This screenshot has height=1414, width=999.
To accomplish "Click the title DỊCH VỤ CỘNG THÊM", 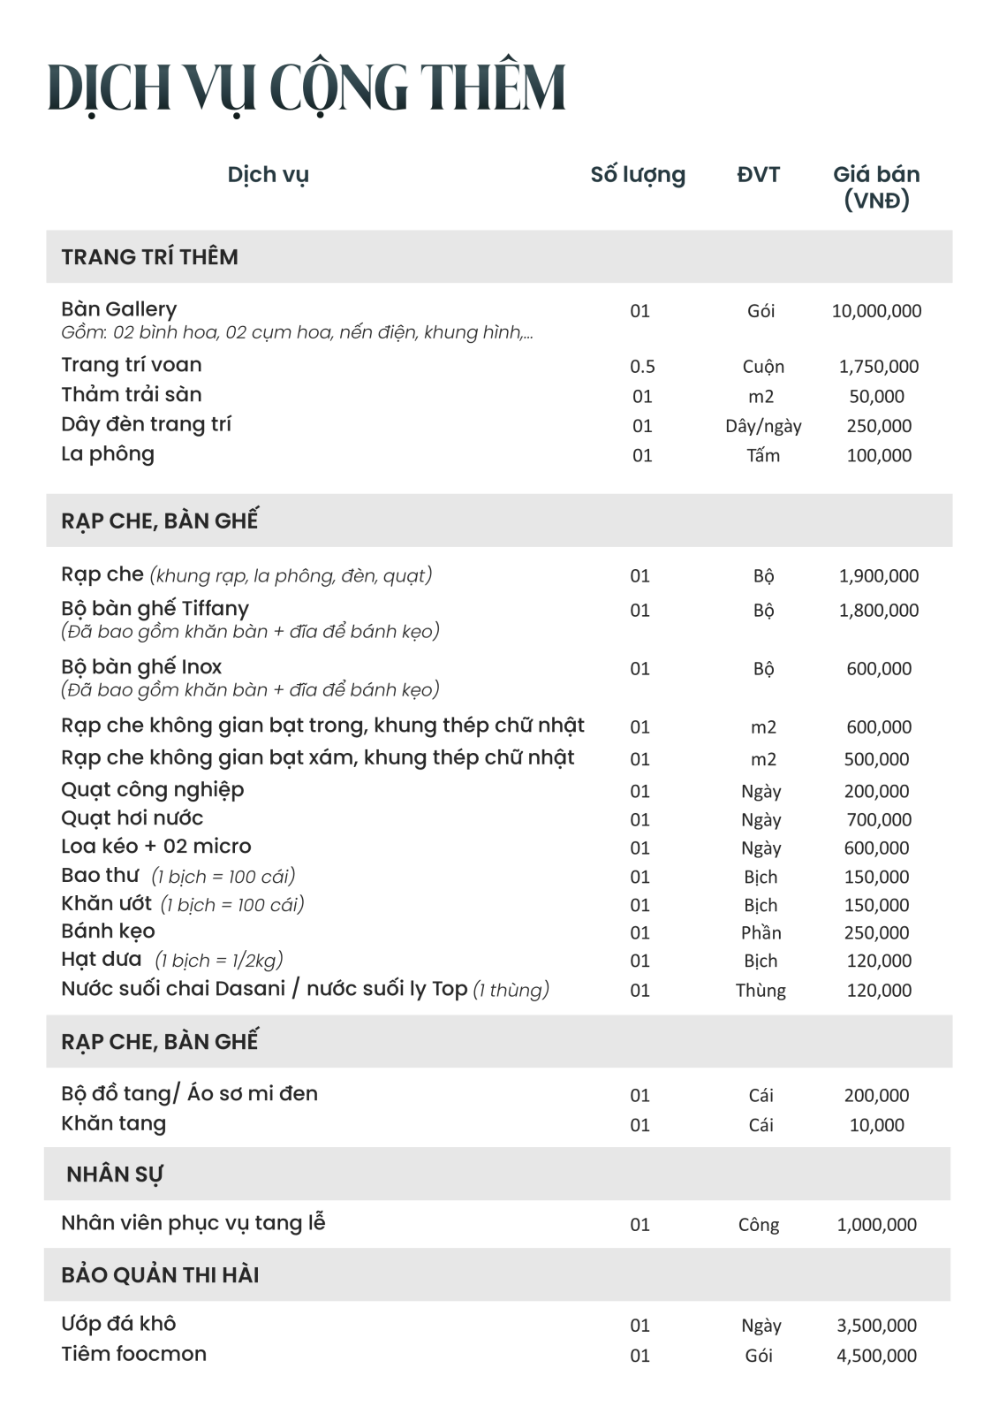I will (x=306, y=88).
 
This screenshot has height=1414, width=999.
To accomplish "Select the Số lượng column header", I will (x=638, y=175).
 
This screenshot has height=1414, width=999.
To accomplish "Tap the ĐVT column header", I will (x=759, y=175).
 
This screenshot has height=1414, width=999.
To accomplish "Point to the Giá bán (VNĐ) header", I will (x=876, y=186).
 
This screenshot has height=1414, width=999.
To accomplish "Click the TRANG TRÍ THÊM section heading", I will (x=149, y=257).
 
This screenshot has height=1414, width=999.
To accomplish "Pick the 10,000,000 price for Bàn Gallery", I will (x=876, y=311).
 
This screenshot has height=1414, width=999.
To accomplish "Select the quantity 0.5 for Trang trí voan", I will (x=642, y=367).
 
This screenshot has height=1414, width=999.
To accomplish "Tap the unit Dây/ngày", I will (x=763, y=426).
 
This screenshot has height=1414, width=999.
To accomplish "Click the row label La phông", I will (x=108, y=454).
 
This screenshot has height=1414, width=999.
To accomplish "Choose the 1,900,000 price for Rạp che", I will (x=879, y=576).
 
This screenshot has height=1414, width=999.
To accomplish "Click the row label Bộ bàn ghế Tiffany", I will (x=155, y=609).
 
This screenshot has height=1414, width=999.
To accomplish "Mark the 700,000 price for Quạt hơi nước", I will (x=879, y=820).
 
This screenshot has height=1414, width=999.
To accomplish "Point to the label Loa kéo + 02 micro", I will (x=156, y=847).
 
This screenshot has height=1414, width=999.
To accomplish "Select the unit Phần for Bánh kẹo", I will (x=761, y=933).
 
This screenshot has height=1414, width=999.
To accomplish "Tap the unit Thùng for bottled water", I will (x=761, y=991).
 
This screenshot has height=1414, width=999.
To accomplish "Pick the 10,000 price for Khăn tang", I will (x=876, y=1125).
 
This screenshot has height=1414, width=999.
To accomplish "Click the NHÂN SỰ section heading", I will (x=115, y=1175).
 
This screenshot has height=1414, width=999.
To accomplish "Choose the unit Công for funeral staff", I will (x=759, y=1225).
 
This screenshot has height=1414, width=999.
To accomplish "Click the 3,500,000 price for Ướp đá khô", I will (x=876, y=1326).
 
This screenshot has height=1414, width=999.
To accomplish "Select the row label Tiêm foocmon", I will (x=133, y=1354).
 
